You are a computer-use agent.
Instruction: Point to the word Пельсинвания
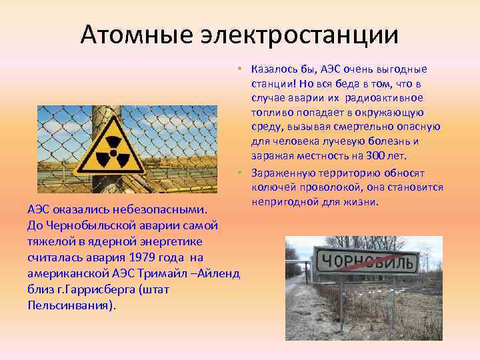[x=71, y=305]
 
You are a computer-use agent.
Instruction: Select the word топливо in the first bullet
[x=271, y=113]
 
